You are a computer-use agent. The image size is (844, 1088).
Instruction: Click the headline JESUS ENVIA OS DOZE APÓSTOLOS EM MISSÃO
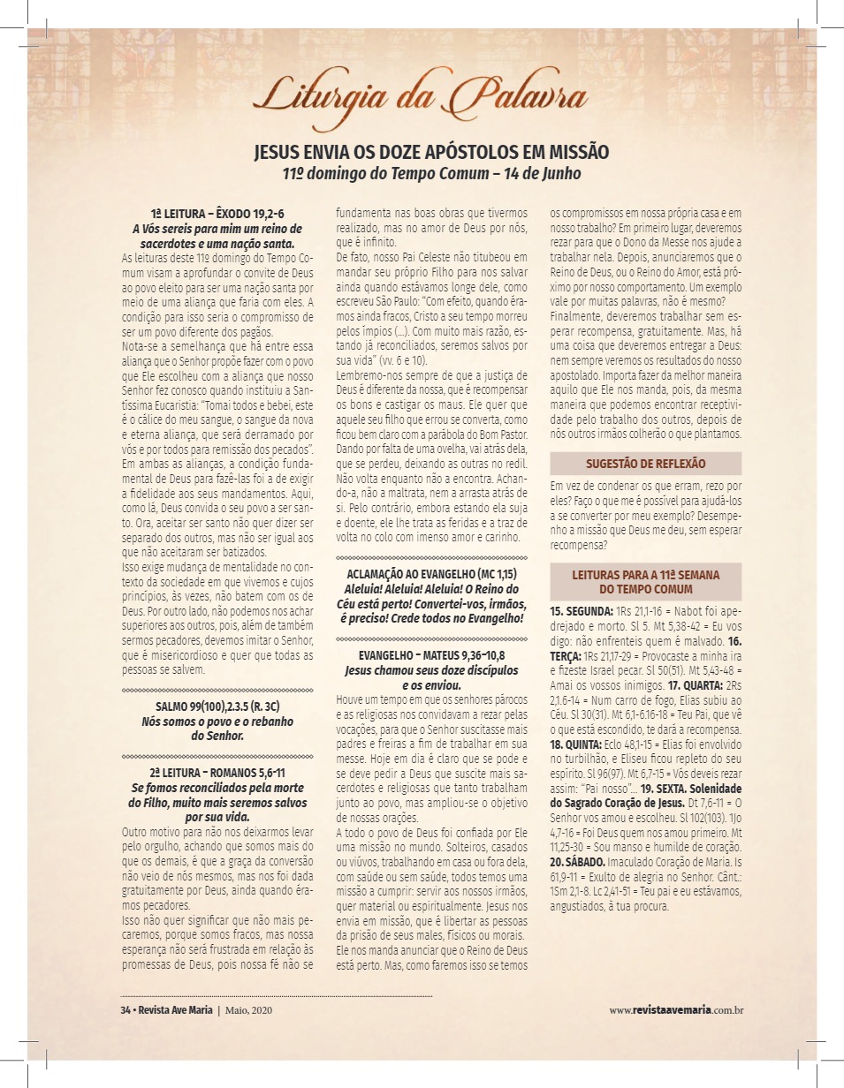click(431, 152)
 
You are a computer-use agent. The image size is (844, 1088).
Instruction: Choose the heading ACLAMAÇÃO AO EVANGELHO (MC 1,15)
click(432, 575)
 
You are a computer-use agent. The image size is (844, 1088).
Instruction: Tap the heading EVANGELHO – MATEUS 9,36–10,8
click(432, 656)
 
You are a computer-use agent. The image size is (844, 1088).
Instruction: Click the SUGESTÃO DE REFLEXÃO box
click(645, 464)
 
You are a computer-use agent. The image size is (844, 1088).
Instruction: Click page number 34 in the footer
click(125, 1009)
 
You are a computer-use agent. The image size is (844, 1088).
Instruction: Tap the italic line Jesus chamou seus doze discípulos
click(432, 670)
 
